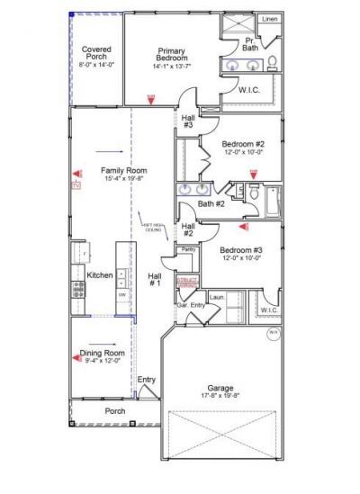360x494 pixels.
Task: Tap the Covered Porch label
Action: click(96, 52)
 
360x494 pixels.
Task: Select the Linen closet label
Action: click(268, 18)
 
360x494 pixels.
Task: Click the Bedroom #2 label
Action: click(243, 143)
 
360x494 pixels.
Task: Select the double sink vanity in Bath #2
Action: click(194, 190)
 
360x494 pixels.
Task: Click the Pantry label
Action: click(188, 249)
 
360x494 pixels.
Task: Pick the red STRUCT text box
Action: click(186, 282)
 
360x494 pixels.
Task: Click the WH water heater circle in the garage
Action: click(273, 334)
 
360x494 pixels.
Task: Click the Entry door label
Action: click(146, 380)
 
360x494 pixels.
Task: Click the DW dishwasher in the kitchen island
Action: click(121, 293)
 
